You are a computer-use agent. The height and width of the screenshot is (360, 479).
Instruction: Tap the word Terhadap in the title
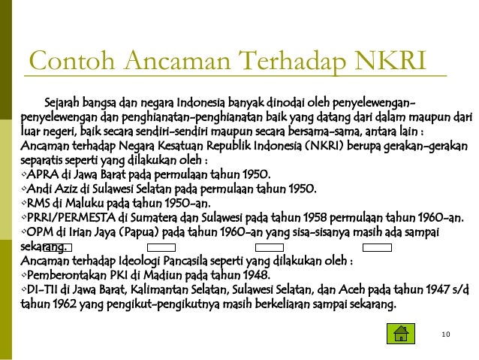tap(289, 61)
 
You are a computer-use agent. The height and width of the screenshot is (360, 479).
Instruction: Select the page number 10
tap(446, 333)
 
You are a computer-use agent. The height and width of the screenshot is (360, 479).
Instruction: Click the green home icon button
tap(400, 332)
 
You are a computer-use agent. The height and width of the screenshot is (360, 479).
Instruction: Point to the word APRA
tap(44, 174)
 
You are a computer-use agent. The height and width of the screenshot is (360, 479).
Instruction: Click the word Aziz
tap(67, 189)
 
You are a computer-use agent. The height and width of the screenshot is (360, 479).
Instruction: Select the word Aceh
tap(352, 290)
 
